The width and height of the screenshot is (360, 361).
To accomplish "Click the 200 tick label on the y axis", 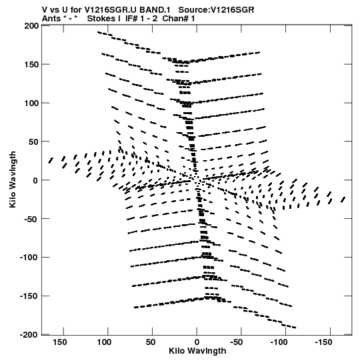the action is (x=31, y=26).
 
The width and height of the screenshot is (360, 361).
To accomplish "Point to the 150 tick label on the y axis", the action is (x=31, y=65).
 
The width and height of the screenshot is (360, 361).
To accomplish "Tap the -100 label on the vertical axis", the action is (x=29, y=257).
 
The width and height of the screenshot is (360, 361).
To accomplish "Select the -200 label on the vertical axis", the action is (x=29, y=334).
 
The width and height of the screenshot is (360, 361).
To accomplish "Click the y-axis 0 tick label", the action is (x=35, y=180).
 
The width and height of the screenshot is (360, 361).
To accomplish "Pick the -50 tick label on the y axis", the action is (x=31, y=219).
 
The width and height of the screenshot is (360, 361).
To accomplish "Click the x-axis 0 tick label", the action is (x=197, y=342).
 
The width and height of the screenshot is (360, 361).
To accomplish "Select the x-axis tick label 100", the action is (x=104, y=342).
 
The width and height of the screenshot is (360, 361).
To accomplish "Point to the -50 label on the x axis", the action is (x=237, y=342).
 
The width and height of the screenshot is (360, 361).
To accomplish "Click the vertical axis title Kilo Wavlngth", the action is (x=13, y=179).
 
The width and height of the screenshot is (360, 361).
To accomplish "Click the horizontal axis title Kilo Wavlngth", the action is (x=197, y=351).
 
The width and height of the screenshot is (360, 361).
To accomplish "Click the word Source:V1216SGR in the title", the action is (x=216, y=10).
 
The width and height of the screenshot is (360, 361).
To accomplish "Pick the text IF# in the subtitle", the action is (x=131, y=19).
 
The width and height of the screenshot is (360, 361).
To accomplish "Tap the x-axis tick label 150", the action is (x=59, y=342).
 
